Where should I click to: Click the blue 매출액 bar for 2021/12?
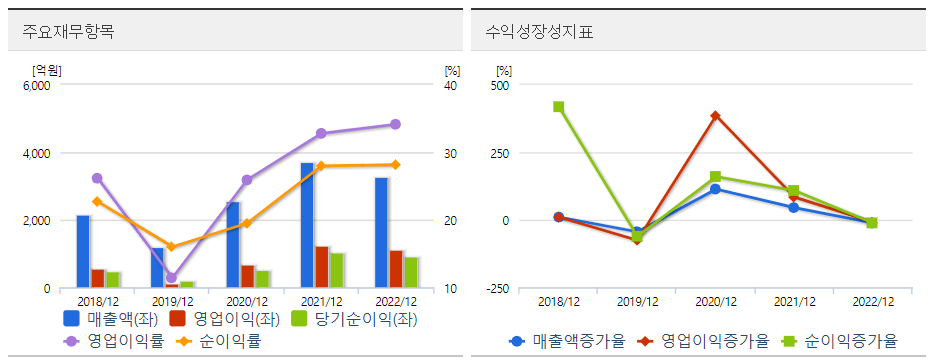[307, 225]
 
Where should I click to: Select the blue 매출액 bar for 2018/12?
[83, 251]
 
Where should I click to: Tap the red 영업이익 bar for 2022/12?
[397, 269]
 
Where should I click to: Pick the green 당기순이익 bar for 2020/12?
[262, 279]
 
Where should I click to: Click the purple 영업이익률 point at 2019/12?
[172, 278]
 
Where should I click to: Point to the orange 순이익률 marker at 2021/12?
[321, 166]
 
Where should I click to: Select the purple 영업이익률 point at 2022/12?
[395, 124]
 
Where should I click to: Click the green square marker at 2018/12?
[558, 107]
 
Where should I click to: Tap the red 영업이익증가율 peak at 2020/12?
[716, 116]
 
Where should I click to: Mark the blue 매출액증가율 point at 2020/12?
[716, 189]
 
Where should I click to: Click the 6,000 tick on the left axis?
[36, 86]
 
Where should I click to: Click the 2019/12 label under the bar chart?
[172, 301]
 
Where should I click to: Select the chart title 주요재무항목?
[68, 31]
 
